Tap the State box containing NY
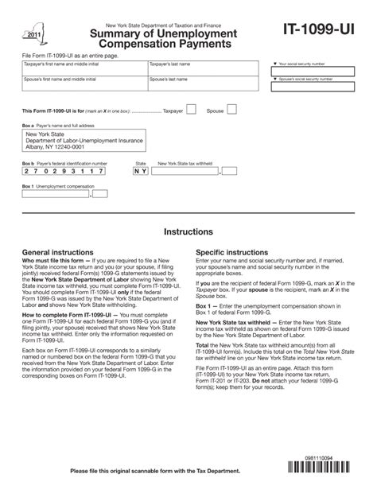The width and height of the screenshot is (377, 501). pos(140,171)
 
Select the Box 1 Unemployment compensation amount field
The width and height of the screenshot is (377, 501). pos(67,193)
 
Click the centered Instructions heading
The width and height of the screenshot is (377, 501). pos(188,232)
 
